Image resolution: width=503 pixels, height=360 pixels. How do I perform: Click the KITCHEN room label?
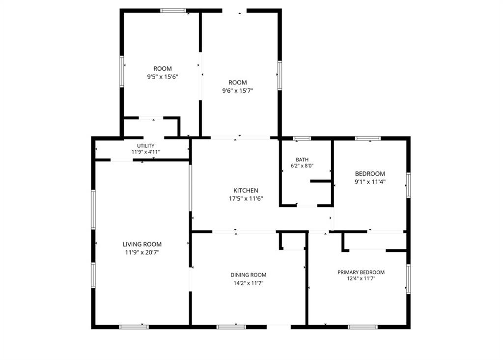[246, 191]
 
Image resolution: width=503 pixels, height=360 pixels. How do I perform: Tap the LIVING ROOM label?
[142, 244]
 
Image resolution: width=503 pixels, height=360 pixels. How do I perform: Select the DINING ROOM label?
[249, 275]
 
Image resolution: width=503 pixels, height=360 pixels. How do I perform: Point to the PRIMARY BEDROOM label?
[361, 272]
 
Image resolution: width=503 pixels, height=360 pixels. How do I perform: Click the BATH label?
[302, 160]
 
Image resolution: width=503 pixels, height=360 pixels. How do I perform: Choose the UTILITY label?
[146, 146]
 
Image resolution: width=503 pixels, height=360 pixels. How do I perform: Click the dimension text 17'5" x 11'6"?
[246, 198]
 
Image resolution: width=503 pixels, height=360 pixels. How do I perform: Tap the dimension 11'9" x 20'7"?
[142, 252]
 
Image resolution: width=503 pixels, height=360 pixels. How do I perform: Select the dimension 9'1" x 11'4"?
[370, 181]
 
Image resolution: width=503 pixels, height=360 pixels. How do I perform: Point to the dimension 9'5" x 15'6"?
[163, 77]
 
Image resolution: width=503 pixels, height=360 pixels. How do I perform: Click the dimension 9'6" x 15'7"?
[238, 90]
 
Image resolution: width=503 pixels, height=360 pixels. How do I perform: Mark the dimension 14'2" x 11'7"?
[249, 283]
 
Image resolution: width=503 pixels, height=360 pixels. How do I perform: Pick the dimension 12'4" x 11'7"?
[361, 278]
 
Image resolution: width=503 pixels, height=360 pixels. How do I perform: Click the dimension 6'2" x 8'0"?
[302, 166]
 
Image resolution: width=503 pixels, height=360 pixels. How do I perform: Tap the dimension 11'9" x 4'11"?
[146, 152]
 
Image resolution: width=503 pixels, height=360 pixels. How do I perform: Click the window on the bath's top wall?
[302, 138]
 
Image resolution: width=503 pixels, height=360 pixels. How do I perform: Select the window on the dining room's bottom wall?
[231, 327]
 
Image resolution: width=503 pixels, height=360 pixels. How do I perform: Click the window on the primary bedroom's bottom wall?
[363, 327]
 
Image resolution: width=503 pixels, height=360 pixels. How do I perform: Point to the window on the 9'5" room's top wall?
[173, 10]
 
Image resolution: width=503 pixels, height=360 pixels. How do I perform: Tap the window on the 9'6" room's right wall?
[279, 75]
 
